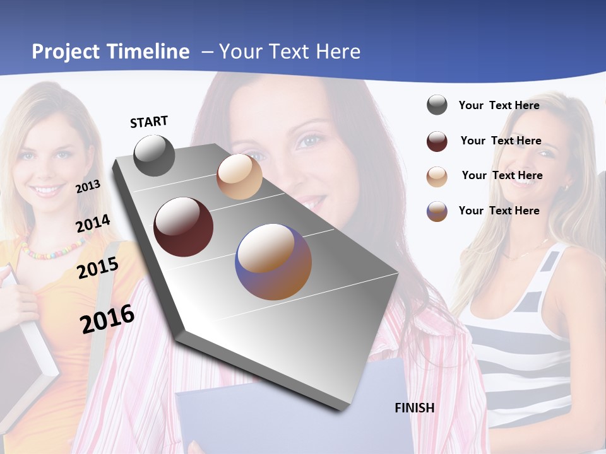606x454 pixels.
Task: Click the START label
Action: pyautogui.click(x=149, y=122)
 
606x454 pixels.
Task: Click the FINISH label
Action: pyautogui.click(x=415, y=408)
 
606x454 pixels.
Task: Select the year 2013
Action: pyautogui.click(x=88, y=186)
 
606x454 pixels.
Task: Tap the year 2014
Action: pyautogui.click(x=93, y=223)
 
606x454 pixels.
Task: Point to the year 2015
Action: pyautogui.click(x=98, y=268)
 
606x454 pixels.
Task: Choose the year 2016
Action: pyautogui.click(x=107, y=318)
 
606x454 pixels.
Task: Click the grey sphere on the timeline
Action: pyautogui.click(x=155, y=155)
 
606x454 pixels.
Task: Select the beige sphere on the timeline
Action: pyautogui.click(x=239, y=177)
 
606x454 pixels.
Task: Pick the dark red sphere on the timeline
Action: pyautogui.click(x=184, y=227)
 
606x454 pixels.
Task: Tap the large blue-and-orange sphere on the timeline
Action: pyautogui.click(x=274, y=262)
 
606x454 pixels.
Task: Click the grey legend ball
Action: pyautogui.click(x=437, y=105)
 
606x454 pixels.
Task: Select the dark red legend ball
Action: pyautogui.click(x=437, y=141)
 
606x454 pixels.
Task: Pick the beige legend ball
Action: pyautogui.click(x=437, y=177)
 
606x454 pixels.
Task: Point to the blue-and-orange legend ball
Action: pyautogui.click(x=437, y=211)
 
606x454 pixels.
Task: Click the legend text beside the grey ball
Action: pyautogui.click(x=499, y=105)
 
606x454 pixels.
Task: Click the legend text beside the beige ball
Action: pyautogui.click(x=502, y=175)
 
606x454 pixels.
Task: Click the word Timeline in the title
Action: pyautogui.click(x=149, y=52)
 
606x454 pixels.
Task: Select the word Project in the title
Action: pyautogui.click(x=66, y=52)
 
